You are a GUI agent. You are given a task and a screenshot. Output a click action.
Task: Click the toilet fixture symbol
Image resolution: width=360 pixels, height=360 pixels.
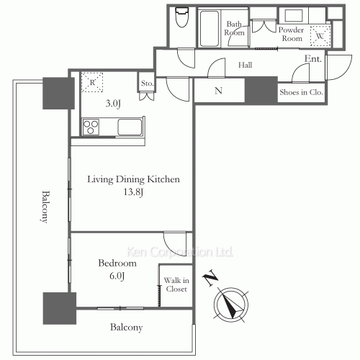pos(181,17)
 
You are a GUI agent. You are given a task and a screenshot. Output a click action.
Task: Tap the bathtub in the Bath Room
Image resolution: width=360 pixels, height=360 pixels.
pos(210,28)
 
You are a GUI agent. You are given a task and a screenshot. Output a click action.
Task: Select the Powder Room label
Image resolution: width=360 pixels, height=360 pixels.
pos(291,34)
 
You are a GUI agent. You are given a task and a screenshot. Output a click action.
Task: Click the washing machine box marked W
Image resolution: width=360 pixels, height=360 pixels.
pos(320,36)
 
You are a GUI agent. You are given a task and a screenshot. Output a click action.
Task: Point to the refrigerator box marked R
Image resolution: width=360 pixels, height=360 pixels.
pos(92,82)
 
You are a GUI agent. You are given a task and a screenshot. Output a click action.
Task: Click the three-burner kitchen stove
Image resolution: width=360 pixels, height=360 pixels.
pos(91,127)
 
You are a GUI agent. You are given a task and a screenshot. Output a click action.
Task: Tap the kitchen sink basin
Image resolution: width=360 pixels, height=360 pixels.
pos(130,127)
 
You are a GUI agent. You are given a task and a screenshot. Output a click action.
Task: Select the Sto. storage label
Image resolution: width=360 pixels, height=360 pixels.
pos(147,84)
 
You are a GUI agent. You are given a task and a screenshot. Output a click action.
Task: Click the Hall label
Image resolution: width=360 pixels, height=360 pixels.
pos(245,65)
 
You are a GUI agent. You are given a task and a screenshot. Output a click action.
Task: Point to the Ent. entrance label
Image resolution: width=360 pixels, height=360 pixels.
pos(313,58)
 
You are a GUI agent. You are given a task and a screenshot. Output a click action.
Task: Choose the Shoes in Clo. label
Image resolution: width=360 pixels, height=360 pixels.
pos(301,92)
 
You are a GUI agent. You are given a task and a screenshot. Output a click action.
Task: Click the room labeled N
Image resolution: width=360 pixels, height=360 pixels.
pos(218,91)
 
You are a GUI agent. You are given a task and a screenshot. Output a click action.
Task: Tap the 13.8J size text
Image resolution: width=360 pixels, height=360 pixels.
pos(133,192)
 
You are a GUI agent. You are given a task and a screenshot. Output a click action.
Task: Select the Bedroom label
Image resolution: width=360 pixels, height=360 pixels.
pos(117,263)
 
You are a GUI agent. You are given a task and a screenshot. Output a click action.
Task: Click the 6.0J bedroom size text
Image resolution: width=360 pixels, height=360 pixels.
pos(117,276)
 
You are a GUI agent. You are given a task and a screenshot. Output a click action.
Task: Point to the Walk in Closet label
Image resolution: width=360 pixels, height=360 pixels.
pos(176,284)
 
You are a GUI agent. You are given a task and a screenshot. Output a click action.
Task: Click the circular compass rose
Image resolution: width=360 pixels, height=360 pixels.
pos(231,305)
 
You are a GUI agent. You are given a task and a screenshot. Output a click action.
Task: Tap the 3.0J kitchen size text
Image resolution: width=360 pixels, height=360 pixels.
pos(113,104)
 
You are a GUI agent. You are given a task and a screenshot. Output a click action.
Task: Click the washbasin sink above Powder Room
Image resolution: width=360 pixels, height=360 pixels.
pos(294,16)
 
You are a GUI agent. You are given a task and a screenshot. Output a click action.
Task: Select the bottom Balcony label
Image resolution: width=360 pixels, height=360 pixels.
pos(127,328)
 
